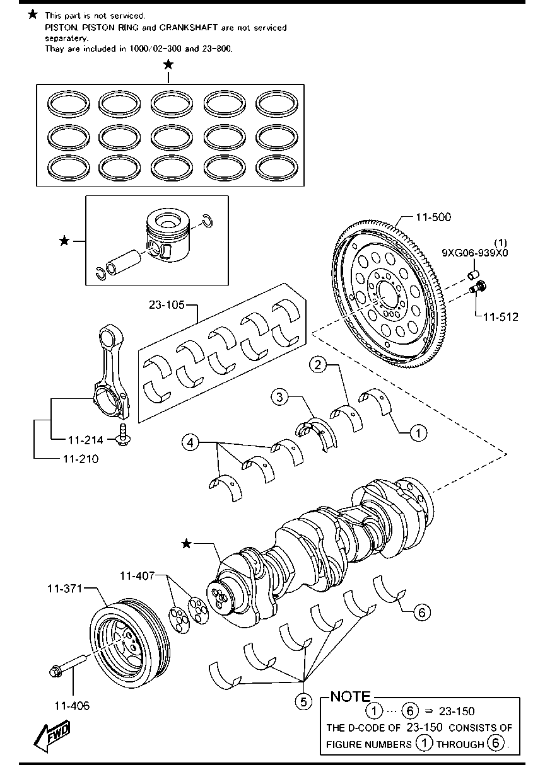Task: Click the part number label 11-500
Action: [433, 217]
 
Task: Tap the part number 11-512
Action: [501, 317]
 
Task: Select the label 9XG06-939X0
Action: [475, 253]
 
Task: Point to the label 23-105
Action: [167, 304]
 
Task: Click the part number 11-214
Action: [86, 440]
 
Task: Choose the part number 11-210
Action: [81, 459]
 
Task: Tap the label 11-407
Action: [137, 576]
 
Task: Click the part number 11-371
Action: [64, 589]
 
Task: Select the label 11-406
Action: [72, 706]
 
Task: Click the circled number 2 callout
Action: [318, 365]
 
